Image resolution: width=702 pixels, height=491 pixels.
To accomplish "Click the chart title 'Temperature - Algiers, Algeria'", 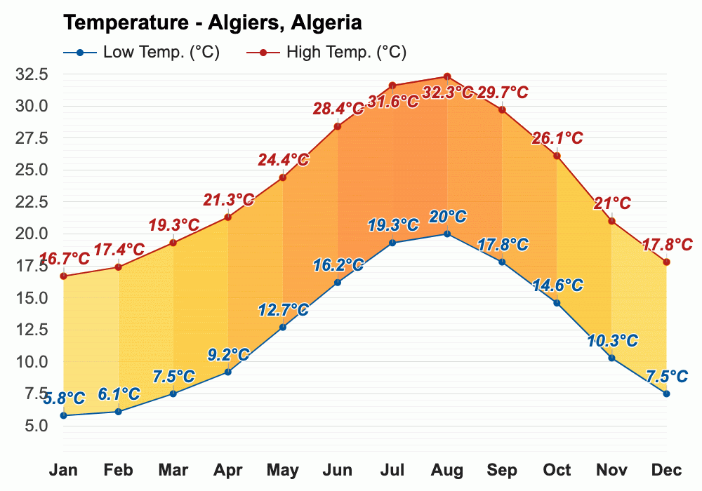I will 213,22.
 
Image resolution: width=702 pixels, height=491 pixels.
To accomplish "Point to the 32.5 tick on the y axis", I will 34,74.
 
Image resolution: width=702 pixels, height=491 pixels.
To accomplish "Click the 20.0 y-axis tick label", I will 34,234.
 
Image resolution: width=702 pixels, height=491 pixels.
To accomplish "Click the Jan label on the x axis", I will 64,470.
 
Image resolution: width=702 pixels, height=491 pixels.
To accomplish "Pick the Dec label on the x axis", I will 666,470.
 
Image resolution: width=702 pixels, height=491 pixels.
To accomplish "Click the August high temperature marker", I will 447,76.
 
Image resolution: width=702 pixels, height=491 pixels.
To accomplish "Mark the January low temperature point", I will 64,415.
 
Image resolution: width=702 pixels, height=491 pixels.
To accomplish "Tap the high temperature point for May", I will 283,177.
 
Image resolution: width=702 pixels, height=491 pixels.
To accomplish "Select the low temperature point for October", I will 557,303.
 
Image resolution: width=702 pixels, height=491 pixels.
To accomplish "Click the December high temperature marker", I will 666,262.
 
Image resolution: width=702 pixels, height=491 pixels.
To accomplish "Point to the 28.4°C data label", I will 338,109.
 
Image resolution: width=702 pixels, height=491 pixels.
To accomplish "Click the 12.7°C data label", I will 284,309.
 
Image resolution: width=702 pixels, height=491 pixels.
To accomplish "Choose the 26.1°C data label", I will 557,138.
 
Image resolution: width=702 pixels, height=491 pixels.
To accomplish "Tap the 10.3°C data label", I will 612,341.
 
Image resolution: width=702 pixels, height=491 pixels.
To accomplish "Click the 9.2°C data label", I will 229,354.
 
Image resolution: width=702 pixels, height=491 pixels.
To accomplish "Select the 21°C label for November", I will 611,204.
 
